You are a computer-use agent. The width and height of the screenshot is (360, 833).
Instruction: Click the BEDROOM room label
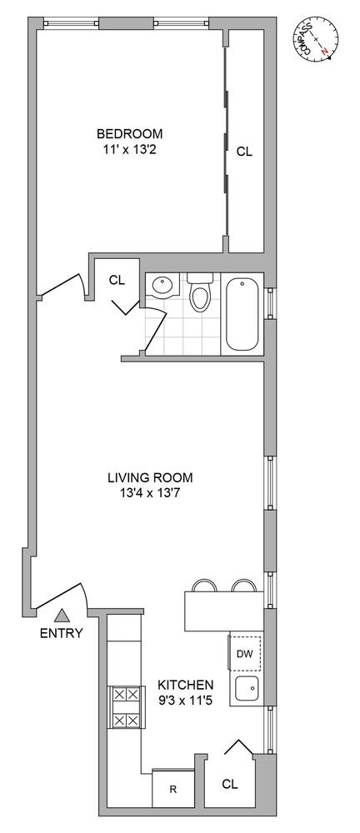coord(129,132)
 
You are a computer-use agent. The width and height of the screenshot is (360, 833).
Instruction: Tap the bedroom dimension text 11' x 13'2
coord(129,149)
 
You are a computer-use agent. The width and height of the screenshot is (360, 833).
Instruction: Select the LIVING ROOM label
coord(151,477)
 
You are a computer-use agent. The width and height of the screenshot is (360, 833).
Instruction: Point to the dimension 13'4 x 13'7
coord(151,494)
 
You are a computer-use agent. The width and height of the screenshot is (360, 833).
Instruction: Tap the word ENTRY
coord(62,633)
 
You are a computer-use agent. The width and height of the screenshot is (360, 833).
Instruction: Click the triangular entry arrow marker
coord(62,616)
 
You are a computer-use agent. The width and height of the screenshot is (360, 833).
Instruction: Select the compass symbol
coord(317,39)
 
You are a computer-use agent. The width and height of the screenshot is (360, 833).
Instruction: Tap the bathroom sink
coord(164,287)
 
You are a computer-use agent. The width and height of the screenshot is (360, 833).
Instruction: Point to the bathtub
coord(242,315)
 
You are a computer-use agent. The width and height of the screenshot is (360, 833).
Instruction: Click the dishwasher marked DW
coord(246,653)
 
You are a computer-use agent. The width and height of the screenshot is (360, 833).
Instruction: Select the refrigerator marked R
coord(172,788)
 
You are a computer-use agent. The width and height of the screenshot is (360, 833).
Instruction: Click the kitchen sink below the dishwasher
coord(247,690)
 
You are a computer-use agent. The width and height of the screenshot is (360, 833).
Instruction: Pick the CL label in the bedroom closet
coord(245,152)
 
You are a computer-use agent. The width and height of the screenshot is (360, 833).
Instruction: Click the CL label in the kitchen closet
coord(230,784)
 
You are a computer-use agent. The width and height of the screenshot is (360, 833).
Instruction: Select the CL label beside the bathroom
coord(117,280)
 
